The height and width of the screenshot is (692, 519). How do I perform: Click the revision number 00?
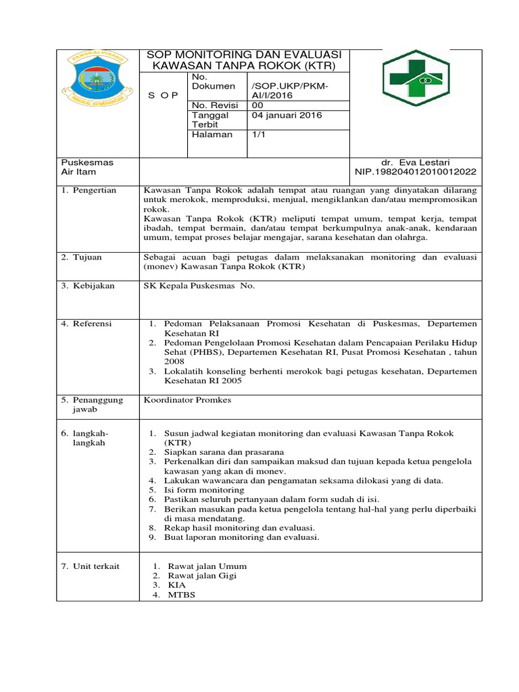[x=259, y=105]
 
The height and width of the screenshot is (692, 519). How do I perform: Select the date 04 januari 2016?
[x=287, y=115]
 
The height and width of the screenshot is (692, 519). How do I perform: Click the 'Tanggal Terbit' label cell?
[x=211, y=120]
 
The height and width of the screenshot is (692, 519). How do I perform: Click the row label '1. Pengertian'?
[x=89, y=191]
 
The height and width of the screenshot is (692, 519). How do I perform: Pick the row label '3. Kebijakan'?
[x=89, y=286]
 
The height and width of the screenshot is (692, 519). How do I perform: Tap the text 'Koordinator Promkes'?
[x=187, y=400]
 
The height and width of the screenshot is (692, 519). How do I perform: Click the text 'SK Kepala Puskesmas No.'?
[x=199, y=286]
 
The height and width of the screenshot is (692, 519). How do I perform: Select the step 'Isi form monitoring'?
[x=204, y=489]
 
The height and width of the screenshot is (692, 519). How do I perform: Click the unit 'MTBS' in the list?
[x=182, y=595]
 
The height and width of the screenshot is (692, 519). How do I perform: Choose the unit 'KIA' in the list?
[x=177, y=585]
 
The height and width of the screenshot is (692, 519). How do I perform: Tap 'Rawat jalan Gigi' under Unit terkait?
[x=202, y=576]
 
